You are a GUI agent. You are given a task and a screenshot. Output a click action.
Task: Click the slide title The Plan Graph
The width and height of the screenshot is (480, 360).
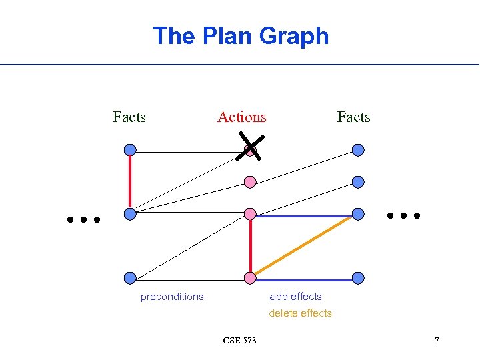tap(241, 35)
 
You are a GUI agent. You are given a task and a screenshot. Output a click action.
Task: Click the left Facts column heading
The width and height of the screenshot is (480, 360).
tap(129, 117)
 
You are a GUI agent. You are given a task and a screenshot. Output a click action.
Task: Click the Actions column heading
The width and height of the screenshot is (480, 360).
tap(241, 117)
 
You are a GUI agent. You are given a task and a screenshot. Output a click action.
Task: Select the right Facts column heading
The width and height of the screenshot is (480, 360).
tap(353, 117)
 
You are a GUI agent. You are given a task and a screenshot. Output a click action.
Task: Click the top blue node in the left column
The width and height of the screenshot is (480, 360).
tap(130, 150)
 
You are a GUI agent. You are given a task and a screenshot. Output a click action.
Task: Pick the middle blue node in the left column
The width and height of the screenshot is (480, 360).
tap(130, 214)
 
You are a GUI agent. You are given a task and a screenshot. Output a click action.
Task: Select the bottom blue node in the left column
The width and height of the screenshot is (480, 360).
tap(130, 278)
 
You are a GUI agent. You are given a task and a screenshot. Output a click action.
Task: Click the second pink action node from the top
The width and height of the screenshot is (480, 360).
tap(250, 181)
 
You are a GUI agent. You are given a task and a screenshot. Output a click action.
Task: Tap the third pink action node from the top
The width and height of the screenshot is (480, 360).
tap(250, 214)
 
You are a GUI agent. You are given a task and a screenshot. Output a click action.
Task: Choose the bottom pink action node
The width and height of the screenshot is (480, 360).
tap(250, 278)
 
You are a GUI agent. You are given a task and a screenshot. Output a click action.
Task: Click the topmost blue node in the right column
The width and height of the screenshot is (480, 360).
tap(358, 150)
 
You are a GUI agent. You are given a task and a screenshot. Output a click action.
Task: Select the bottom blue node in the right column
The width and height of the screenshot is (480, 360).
tap(358, 278)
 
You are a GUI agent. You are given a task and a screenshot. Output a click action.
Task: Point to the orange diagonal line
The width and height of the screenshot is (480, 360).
tap(304, 246)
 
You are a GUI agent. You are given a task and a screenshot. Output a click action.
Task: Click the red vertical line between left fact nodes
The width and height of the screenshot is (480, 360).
tap(130, 182)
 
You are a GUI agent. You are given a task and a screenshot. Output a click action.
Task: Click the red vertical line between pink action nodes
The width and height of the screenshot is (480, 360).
tap(250, 246)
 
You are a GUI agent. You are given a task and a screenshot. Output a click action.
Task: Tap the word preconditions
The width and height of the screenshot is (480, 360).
tap(172, 297)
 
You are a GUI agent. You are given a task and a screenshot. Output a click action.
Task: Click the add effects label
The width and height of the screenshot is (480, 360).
tap(295, 297)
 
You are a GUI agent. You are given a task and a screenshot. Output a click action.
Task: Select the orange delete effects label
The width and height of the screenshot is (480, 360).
tap(300, 313)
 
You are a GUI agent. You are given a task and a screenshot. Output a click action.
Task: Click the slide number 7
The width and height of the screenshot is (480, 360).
tap(437, 341)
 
